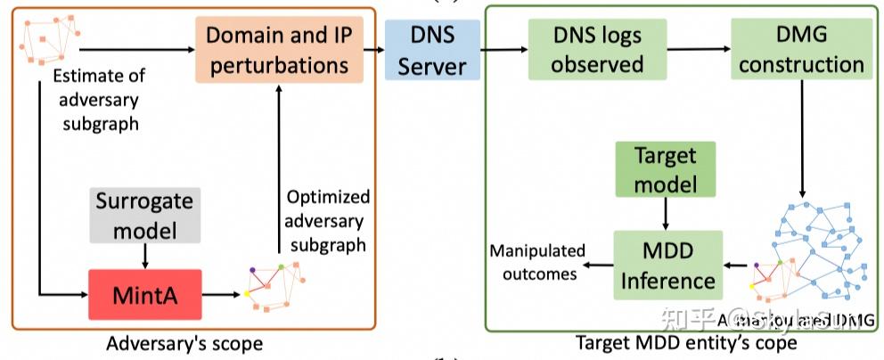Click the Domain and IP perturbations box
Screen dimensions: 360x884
[x=278, y=52]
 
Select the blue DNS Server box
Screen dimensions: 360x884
[x=432, y=52]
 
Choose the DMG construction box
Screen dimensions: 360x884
[x=800, y=52]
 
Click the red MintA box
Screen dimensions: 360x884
[x=143, y=293]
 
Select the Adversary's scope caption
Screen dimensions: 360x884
[x=184, y=343]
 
